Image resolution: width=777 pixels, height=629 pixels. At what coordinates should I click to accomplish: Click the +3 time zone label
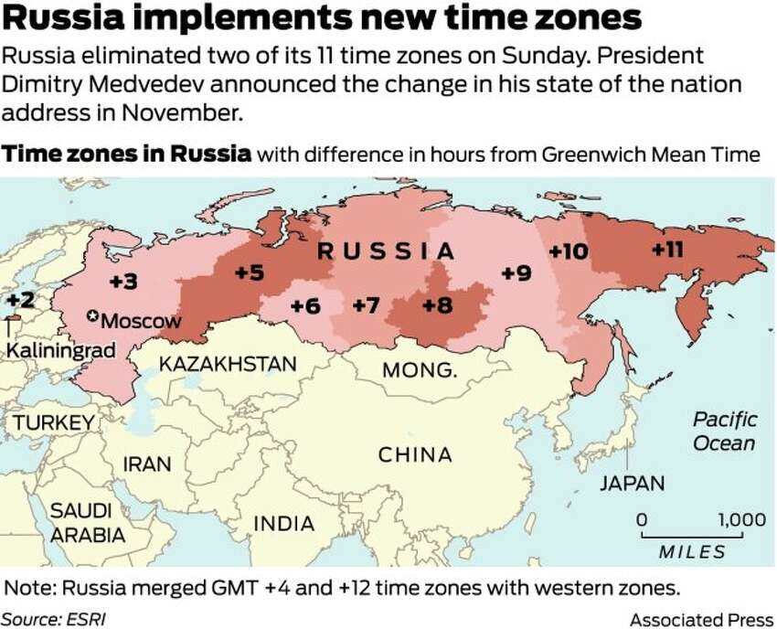[123, 281]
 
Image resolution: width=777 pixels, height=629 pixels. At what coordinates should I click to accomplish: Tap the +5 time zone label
[248, 272]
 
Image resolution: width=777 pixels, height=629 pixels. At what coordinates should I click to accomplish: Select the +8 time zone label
[437, 305]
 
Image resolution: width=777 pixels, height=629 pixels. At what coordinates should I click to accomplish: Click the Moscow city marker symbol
[91, 316]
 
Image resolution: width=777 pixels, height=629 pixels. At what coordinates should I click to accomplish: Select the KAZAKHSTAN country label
[228, 364]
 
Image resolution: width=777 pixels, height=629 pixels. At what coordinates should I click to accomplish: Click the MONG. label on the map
[419, 370]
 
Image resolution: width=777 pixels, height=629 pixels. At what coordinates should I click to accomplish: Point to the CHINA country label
[415, 454]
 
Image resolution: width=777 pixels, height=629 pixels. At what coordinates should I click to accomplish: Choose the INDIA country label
[282, 524]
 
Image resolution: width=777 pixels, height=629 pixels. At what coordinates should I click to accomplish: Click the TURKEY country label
[52, 422]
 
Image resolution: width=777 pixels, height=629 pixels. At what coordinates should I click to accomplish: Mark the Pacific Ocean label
[724, 432]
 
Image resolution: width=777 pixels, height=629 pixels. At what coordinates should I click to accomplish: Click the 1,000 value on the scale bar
[741, 519]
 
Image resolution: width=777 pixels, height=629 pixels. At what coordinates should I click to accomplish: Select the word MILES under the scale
[692, 551]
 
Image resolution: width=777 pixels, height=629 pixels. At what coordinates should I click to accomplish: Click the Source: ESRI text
[53, 618]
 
